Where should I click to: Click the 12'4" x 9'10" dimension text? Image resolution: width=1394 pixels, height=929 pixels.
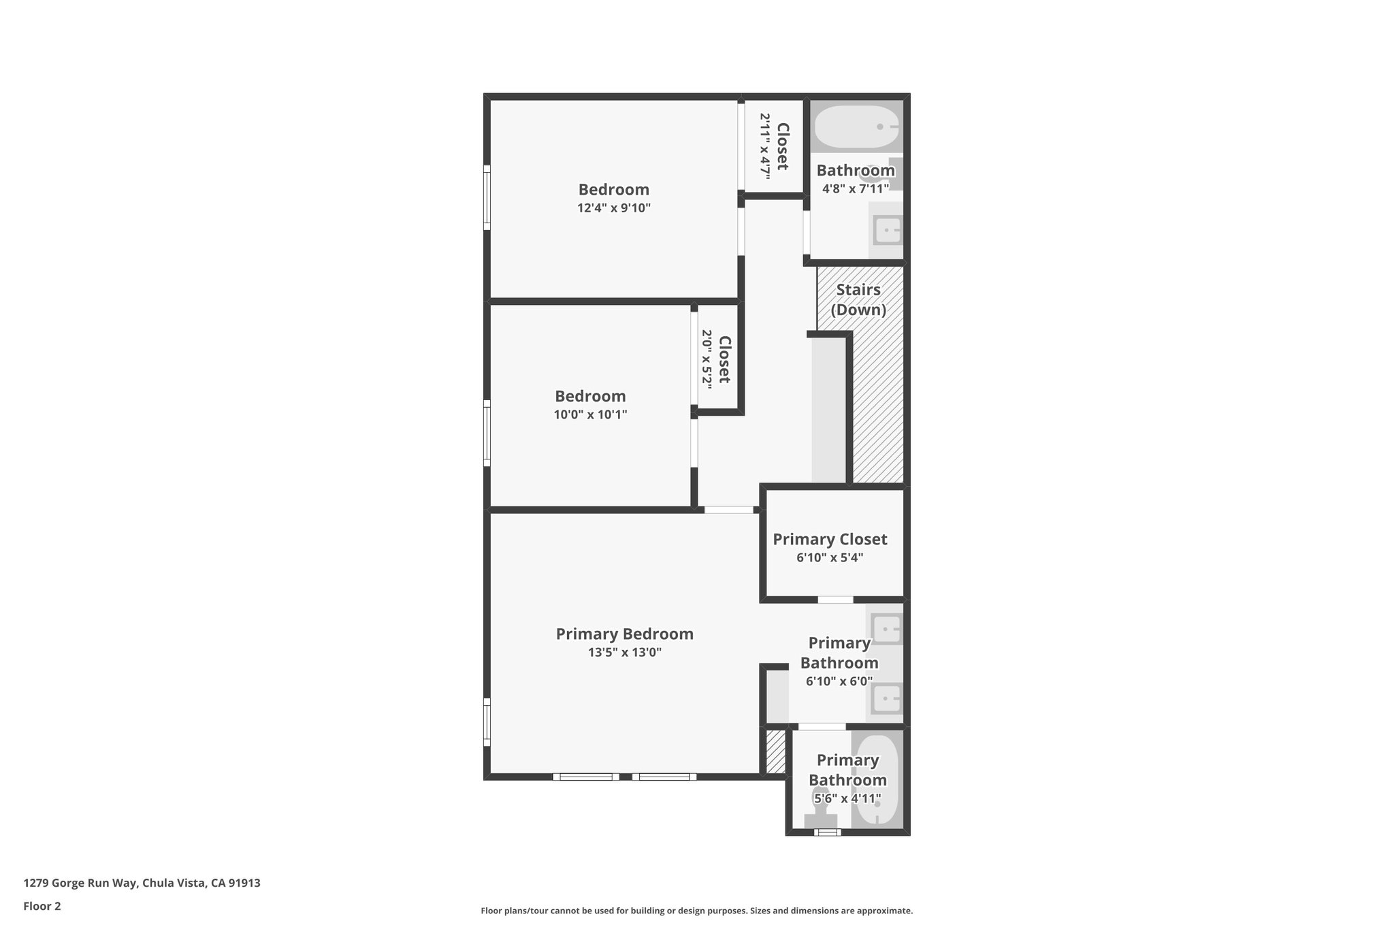tap(614, 208)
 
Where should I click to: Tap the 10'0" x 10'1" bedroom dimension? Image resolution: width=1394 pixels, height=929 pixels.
tap(590, 414)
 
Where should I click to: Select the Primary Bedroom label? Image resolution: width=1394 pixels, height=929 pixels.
tap(624, 634)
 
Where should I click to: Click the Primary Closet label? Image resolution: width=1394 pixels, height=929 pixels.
tap(830, 539)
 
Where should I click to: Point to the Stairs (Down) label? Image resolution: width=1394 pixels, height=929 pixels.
tap(858, 299)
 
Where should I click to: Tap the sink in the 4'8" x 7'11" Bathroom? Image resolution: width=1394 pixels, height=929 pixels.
tap(887, 230)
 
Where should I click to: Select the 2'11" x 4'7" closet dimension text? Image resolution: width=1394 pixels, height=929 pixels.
tap(765, 146)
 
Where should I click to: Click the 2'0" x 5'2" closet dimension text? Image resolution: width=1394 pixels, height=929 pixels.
tap(707, 359)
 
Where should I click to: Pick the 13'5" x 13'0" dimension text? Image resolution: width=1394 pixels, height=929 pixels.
tap(625, 653)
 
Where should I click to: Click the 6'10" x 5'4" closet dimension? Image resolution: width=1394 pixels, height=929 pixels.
tap(830, 558)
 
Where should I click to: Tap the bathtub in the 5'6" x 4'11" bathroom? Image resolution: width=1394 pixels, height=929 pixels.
tap(877, 779)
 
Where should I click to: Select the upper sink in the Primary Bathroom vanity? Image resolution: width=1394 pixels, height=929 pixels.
tap(886, 629)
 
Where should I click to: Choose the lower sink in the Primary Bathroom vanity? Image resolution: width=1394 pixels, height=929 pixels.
tap(886, 699)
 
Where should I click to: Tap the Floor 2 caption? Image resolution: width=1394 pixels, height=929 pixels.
tap(42, 906)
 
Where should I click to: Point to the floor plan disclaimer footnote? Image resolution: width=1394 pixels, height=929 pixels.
tap(696, 911)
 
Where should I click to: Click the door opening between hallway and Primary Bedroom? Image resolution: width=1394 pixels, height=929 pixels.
tap(728, 510)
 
